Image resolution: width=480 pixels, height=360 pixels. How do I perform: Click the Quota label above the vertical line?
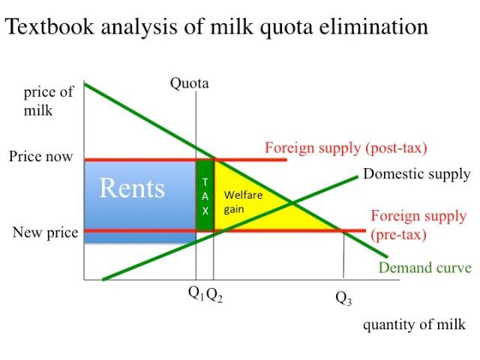[189, 82]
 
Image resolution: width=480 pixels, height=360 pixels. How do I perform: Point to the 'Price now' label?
[41, 157]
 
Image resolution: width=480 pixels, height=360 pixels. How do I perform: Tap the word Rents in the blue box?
[132, 187]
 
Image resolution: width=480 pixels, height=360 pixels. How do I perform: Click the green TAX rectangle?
[205, 196]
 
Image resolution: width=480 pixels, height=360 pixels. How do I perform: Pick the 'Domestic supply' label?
[416, 174]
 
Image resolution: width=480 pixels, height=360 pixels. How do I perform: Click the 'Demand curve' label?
[425, 268]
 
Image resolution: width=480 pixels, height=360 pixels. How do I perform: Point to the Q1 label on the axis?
[196, 295]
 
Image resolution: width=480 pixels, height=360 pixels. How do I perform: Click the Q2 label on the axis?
[214, 295]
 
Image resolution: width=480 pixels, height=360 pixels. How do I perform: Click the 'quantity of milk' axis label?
[414, 325]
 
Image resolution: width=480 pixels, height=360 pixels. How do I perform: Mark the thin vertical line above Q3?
[343, 255]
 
